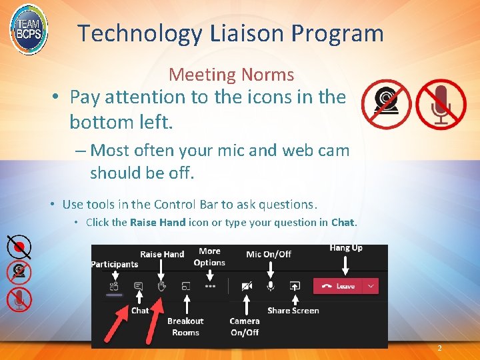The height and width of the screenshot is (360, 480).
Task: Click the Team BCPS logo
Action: [29, 29]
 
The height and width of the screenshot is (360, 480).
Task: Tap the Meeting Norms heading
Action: [231, 75]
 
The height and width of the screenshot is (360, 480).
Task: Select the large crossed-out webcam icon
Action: [386, 105]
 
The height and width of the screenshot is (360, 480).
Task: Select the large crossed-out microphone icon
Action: [441, 105]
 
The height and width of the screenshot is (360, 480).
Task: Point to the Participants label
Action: [115, 265]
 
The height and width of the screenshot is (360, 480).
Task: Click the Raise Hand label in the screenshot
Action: [162, 254]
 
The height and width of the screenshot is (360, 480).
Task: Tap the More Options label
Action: [209, 257]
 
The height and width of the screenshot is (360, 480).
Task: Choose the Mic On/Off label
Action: [269, 254]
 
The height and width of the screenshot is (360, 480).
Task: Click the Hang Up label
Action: [346, 248]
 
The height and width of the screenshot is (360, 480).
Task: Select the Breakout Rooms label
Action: [185, 327]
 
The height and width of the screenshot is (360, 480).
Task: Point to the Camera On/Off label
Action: [245, 327]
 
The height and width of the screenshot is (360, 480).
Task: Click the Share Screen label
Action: [293, 311]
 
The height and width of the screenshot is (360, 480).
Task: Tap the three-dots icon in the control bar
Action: [211, 286]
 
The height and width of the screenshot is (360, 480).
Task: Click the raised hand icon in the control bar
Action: [161, 286]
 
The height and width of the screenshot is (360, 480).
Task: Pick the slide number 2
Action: [439, 349]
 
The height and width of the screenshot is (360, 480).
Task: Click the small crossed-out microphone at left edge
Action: [19, 299]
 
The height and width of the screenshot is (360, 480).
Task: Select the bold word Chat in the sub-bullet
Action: [343, 223]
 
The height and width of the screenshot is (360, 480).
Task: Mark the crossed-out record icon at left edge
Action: [19, 247]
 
